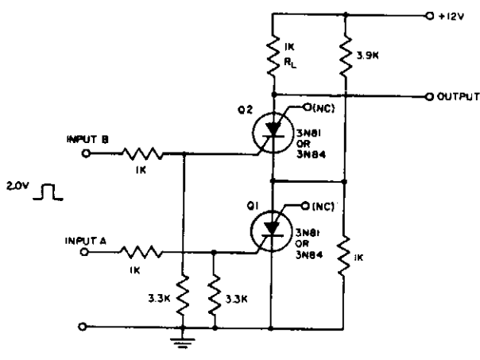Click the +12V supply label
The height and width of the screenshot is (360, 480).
coord(451,16)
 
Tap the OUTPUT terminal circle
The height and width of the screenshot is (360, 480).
coord(429,97)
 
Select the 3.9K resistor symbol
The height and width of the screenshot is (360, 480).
coord(346,56)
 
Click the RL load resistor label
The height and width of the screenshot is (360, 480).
coord(290,63)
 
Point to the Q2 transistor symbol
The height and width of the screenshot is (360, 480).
coord(272,132)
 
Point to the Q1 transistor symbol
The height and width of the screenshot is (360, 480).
coord(271,231)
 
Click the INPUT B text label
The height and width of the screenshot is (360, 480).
coord(87,140)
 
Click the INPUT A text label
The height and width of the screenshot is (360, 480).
coord(86,242)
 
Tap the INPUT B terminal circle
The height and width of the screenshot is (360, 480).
coord(86,153)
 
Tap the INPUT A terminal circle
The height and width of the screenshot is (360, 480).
coord(84,252)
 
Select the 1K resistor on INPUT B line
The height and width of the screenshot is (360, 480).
coord(143,153)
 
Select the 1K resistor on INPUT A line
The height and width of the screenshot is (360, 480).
coord(141,252)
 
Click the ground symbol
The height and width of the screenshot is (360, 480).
coord(183,343)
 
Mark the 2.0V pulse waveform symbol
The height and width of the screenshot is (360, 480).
coord(48,192)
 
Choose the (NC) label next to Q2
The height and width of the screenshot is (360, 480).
coord(323,108)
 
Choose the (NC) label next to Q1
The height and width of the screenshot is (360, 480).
coord(323,207)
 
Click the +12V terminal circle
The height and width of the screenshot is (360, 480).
coord(430,16)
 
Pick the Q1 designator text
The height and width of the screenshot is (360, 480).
coord(253,207)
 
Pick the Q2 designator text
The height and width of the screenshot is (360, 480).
coord(246,110)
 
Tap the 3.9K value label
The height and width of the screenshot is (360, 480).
coord(368,56)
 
